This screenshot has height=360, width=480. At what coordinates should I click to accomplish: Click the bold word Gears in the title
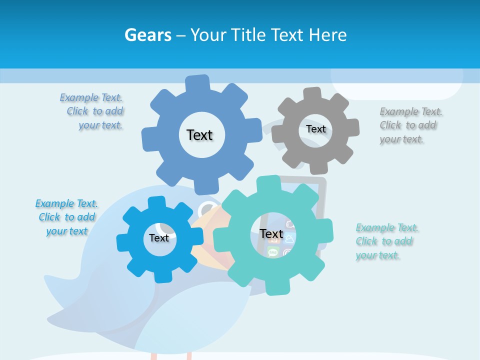(x=147, y=35)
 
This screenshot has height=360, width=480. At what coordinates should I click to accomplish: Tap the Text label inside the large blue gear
(x=199, y=135)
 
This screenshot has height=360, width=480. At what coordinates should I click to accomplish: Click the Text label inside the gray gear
(x=315, y=129)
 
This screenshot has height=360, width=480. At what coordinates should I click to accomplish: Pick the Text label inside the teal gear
(x=271, y=234)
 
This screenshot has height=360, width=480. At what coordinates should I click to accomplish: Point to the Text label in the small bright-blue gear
(x=159, y=238)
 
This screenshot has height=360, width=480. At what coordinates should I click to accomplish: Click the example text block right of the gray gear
(x=410, y=125)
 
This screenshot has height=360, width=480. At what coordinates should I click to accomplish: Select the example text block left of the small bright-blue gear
(x=67, y=217)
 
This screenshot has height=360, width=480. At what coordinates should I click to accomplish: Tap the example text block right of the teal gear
(x=386, y=241)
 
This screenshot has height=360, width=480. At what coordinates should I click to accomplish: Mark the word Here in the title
(x=327, y=35)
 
